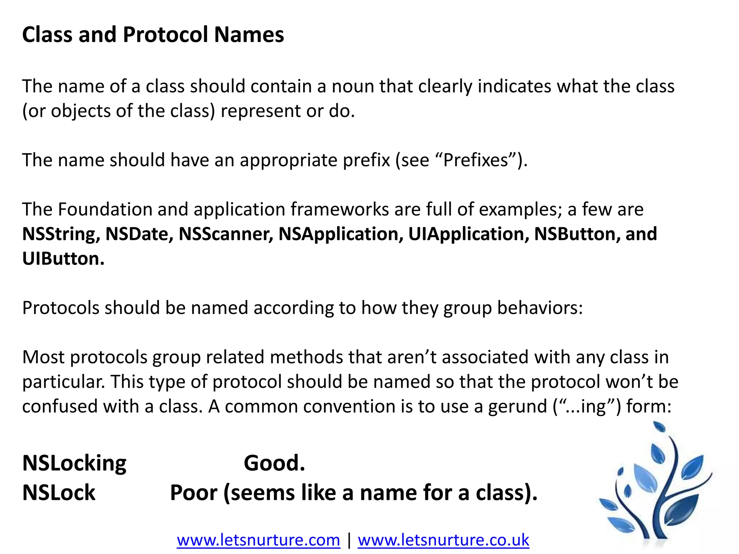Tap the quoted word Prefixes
pyautogui.click(x=476, y=160)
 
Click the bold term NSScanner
pyautogui.click(x=226, y=234)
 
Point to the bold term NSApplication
pyautogui.click(x=341, y=234)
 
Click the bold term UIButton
pyautogui.click(x=63, y=259)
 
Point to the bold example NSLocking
pyautogui.click(x=74, y=463)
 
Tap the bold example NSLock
pyautogui.click(x=59, y=493)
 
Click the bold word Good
pyautogui.click(x=274, y=463)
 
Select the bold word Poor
pyautogui.click(x=193, y=493)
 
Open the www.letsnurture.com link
pyautogui.click(x=258, y=540)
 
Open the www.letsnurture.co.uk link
pyautogui.click(x=443, y=540)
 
